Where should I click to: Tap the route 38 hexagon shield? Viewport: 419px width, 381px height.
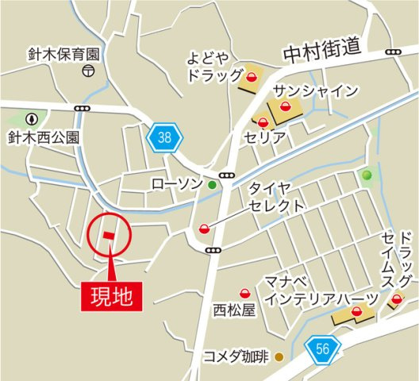(164, 138)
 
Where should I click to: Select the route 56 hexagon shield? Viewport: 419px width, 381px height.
(322, 347)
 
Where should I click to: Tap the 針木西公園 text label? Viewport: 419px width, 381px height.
(44, 137)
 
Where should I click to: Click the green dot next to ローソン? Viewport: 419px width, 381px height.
(212, 185)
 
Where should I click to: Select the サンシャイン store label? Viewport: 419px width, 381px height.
(315, 90)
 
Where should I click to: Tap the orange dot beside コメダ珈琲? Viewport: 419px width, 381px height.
(279, 356)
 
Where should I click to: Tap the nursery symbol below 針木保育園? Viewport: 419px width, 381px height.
(86, 71)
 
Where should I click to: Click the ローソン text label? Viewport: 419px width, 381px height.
(176, 185)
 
